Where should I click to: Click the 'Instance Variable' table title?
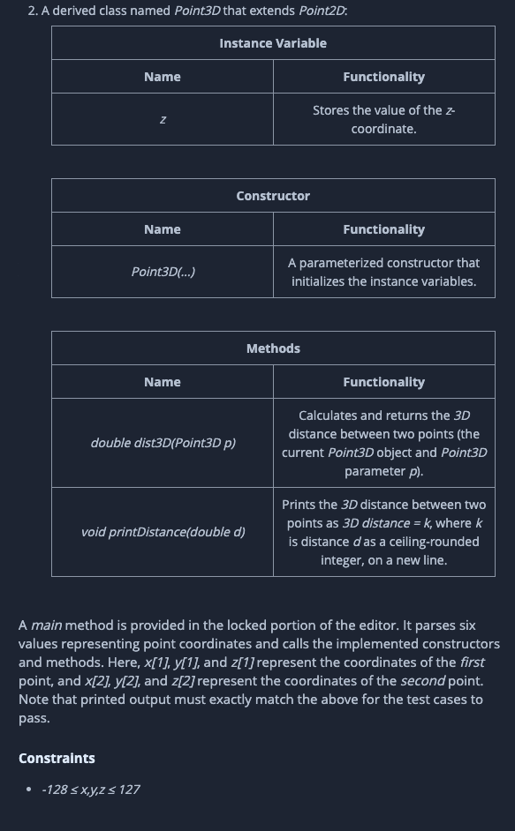[x=273, y=43]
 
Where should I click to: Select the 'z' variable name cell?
[x=163, y=119]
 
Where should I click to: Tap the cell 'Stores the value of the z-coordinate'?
[x=383, y=119]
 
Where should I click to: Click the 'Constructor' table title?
[x=273, y=196]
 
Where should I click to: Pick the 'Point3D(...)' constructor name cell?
[x=163, y=272]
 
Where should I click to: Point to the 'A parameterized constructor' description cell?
[x=383, y=272]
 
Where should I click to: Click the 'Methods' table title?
[x=273, y=348]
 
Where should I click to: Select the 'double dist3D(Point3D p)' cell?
[x=163, y=443]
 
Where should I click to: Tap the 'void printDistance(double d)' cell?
[x=163, y=532]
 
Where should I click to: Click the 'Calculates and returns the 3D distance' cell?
[x=383, y=443]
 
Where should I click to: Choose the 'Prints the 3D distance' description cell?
[x=383, y=532]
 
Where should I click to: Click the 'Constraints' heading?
[x=57, y=759]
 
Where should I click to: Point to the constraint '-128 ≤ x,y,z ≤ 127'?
[x=90, y=790]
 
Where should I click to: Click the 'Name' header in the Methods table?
[x=163, y=382]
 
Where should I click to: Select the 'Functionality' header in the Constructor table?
[x=383, y=229]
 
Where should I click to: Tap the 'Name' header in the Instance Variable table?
[x=163, y=77]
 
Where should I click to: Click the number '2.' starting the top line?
[x=33, y=11]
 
